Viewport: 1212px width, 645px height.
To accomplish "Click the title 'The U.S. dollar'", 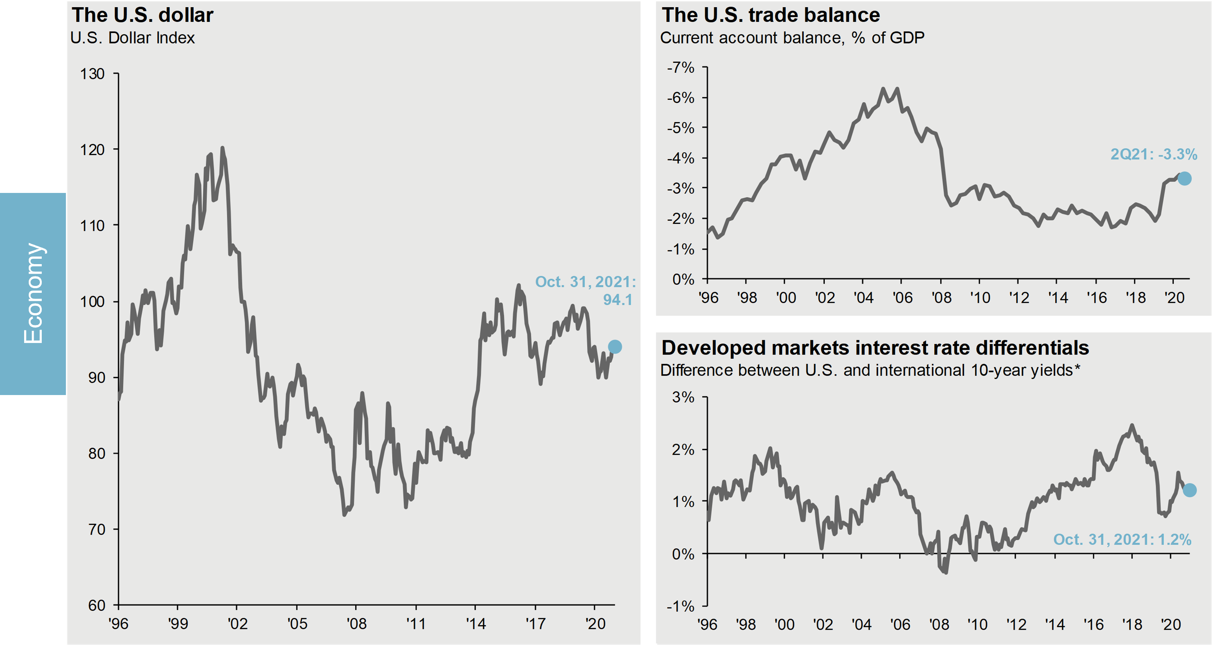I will pos(142,15).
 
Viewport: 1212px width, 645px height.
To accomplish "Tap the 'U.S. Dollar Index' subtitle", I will pos(132,38).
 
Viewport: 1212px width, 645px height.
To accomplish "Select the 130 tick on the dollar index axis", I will pos(92,74).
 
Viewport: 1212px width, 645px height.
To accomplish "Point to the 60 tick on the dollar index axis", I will pos(97,606).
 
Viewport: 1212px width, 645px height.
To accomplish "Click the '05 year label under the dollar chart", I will pos(297,624).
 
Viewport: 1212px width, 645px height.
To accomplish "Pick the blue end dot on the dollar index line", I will pos(614,347).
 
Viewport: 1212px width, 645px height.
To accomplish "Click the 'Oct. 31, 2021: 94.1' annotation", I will pos(585,291).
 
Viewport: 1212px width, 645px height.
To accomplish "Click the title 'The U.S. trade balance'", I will pos(771,15).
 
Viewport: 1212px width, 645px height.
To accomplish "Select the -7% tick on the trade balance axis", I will pos(680,68).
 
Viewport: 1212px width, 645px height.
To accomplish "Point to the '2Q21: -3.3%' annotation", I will pos(1154,154).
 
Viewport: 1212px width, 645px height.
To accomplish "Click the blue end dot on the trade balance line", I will pos(1184,179).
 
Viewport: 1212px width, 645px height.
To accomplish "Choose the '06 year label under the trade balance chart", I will pos(902,297).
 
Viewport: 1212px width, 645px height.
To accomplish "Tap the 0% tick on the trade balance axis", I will pos(683,279).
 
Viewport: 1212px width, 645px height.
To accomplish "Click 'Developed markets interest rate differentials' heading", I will pos(875,348).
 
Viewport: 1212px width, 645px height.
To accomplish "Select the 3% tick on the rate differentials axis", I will pos(683,397).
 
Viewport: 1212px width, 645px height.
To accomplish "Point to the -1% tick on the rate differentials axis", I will pos(680,606).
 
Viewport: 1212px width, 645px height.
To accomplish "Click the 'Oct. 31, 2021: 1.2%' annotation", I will pos(1122,539).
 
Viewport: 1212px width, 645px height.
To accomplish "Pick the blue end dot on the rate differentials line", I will pos(1189,490).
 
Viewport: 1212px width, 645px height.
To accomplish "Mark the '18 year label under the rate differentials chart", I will pos(1132,625).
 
